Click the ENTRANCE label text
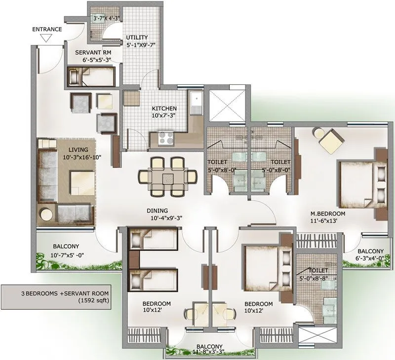coord(47,29)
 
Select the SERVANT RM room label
coord(92,52)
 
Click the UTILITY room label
coord(137,37)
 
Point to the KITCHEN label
coord(164,108)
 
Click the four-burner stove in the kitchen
coord(164,139)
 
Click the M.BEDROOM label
coord(327,213)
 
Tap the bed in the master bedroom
coord(360,184)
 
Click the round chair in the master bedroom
coord(319,133)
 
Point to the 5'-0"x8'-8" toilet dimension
coord(316,279)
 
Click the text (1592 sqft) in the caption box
coord(56,299)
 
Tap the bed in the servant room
coord(90,77)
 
